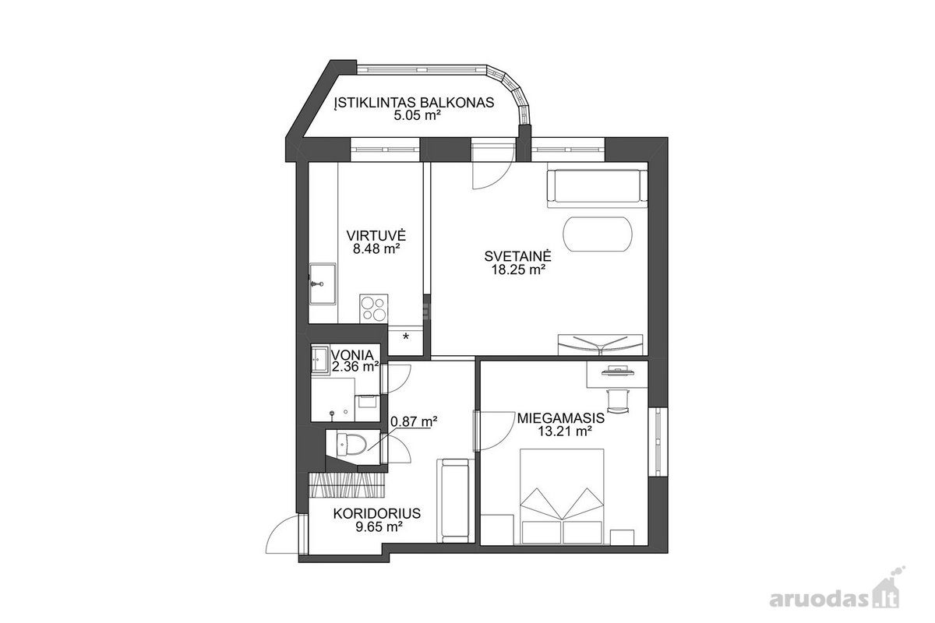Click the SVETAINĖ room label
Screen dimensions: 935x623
pos(518,255)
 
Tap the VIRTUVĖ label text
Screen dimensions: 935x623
pos(376,235)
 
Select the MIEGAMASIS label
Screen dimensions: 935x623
pos(561,418)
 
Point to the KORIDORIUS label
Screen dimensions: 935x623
pos(377,514)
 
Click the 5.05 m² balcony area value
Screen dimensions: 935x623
pos(418,115)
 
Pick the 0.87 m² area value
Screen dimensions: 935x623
pos(414,421)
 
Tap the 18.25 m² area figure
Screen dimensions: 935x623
pos(519,269)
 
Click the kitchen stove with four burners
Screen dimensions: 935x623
pos(373,308)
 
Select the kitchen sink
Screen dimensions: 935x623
pos(323,283)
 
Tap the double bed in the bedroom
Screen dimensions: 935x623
pos(562,497)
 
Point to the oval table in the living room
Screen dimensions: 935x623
pos(598,234)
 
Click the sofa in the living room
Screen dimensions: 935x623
pos(598,188)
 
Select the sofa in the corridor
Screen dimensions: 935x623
pos(456,501)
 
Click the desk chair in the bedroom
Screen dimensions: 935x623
pos(618,400)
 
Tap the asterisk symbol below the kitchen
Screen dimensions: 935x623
pos(406,336)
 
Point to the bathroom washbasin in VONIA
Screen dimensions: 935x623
pos(320,358)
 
